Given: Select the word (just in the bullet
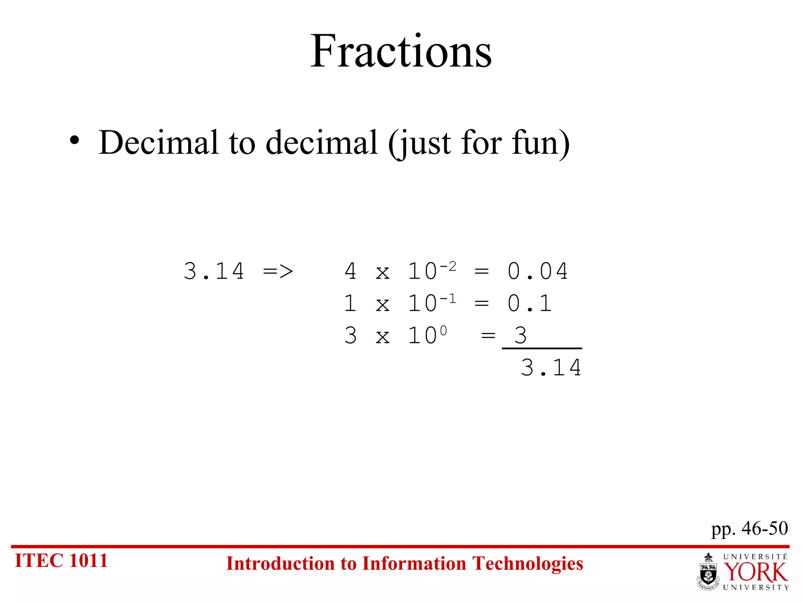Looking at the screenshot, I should [420, 144].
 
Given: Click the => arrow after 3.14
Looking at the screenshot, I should [278, 271].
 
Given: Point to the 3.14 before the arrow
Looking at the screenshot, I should [214, 271].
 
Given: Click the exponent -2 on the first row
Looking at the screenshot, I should [448, 267].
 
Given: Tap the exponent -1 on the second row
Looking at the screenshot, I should [448, 299].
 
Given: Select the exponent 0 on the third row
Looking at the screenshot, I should [443, 331].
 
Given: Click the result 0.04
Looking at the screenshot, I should [538, 271].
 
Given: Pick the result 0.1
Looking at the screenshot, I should [530, 303].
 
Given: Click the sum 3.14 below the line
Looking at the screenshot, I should [551, 368].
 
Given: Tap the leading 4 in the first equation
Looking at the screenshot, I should [350, 271].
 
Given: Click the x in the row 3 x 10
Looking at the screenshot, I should [383, 336].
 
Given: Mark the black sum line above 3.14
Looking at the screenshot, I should [542, 348].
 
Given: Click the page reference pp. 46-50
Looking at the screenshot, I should [749, 528].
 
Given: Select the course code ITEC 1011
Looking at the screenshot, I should [61, 561].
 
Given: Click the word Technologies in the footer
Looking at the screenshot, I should [527, 564].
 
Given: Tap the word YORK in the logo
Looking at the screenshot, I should [755, 572].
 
